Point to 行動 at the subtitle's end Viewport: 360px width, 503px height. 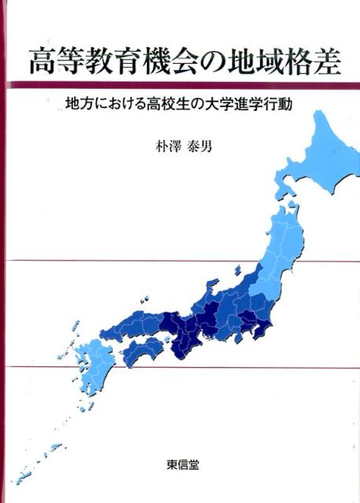tap(279, 105)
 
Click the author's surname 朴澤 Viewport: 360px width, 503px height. tap(155, 146)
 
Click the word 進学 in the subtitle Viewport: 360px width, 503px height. tap(249, 105)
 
